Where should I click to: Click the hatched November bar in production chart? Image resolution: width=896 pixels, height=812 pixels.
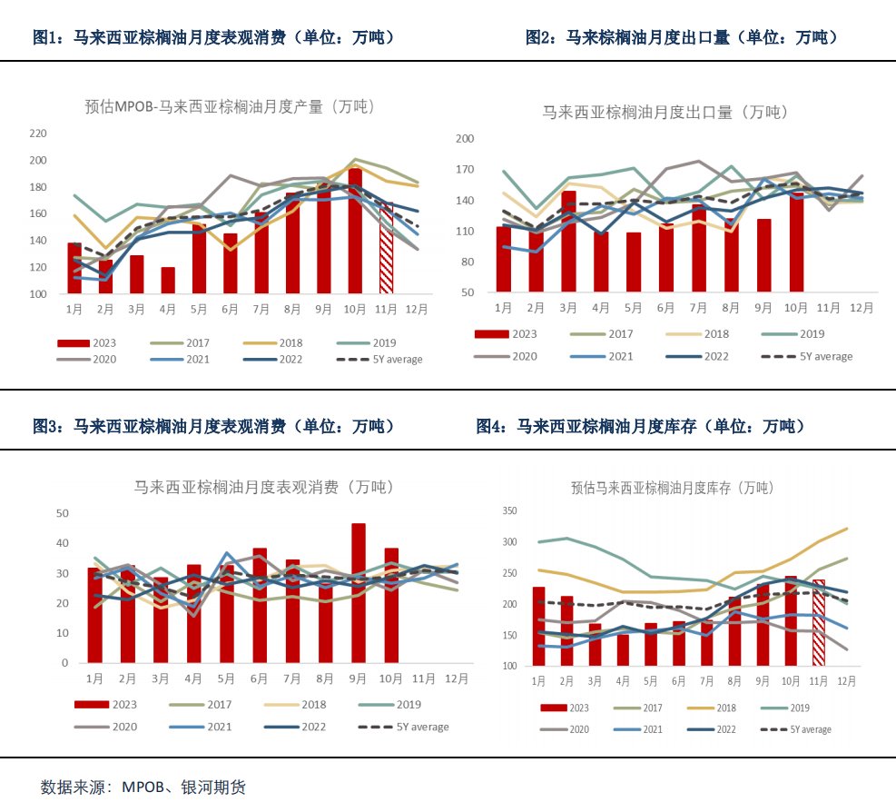point(386,250)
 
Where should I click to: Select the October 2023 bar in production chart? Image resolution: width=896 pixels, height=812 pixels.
point(355,232)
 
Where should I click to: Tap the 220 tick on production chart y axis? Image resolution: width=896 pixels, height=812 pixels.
point(38,134)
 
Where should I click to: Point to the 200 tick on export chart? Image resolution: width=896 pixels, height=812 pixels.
point(465,139)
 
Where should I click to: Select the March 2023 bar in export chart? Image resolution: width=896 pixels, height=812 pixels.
point(568,242)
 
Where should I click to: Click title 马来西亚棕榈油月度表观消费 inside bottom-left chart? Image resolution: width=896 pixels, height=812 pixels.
point(263,488)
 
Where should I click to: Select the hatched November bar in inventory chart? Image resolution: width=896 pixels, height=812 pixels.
point(820,622)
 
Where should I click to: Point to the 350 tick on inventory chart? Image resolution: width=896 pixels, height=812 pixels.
point(508,512)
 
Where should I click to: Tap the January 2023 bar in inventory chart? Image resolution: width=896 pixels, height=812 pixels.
point(539,627)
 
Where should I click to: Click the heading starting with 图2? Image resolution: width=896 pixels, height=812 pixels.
point(681,37)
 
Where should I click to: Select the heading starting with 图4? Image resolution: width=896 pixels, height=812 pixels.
point(640,426)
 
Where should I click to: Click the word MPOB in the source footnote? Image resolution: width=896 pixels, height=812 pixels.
point(143,787)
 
